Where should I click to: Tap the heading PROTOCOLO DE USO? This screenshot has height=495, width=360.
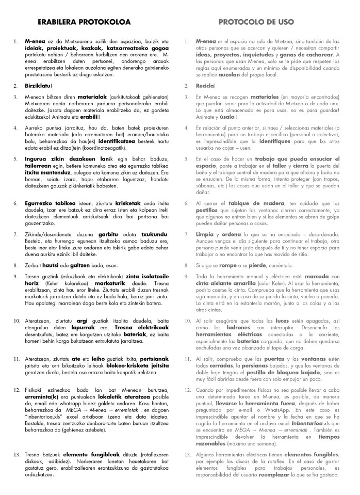point(256,22)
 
